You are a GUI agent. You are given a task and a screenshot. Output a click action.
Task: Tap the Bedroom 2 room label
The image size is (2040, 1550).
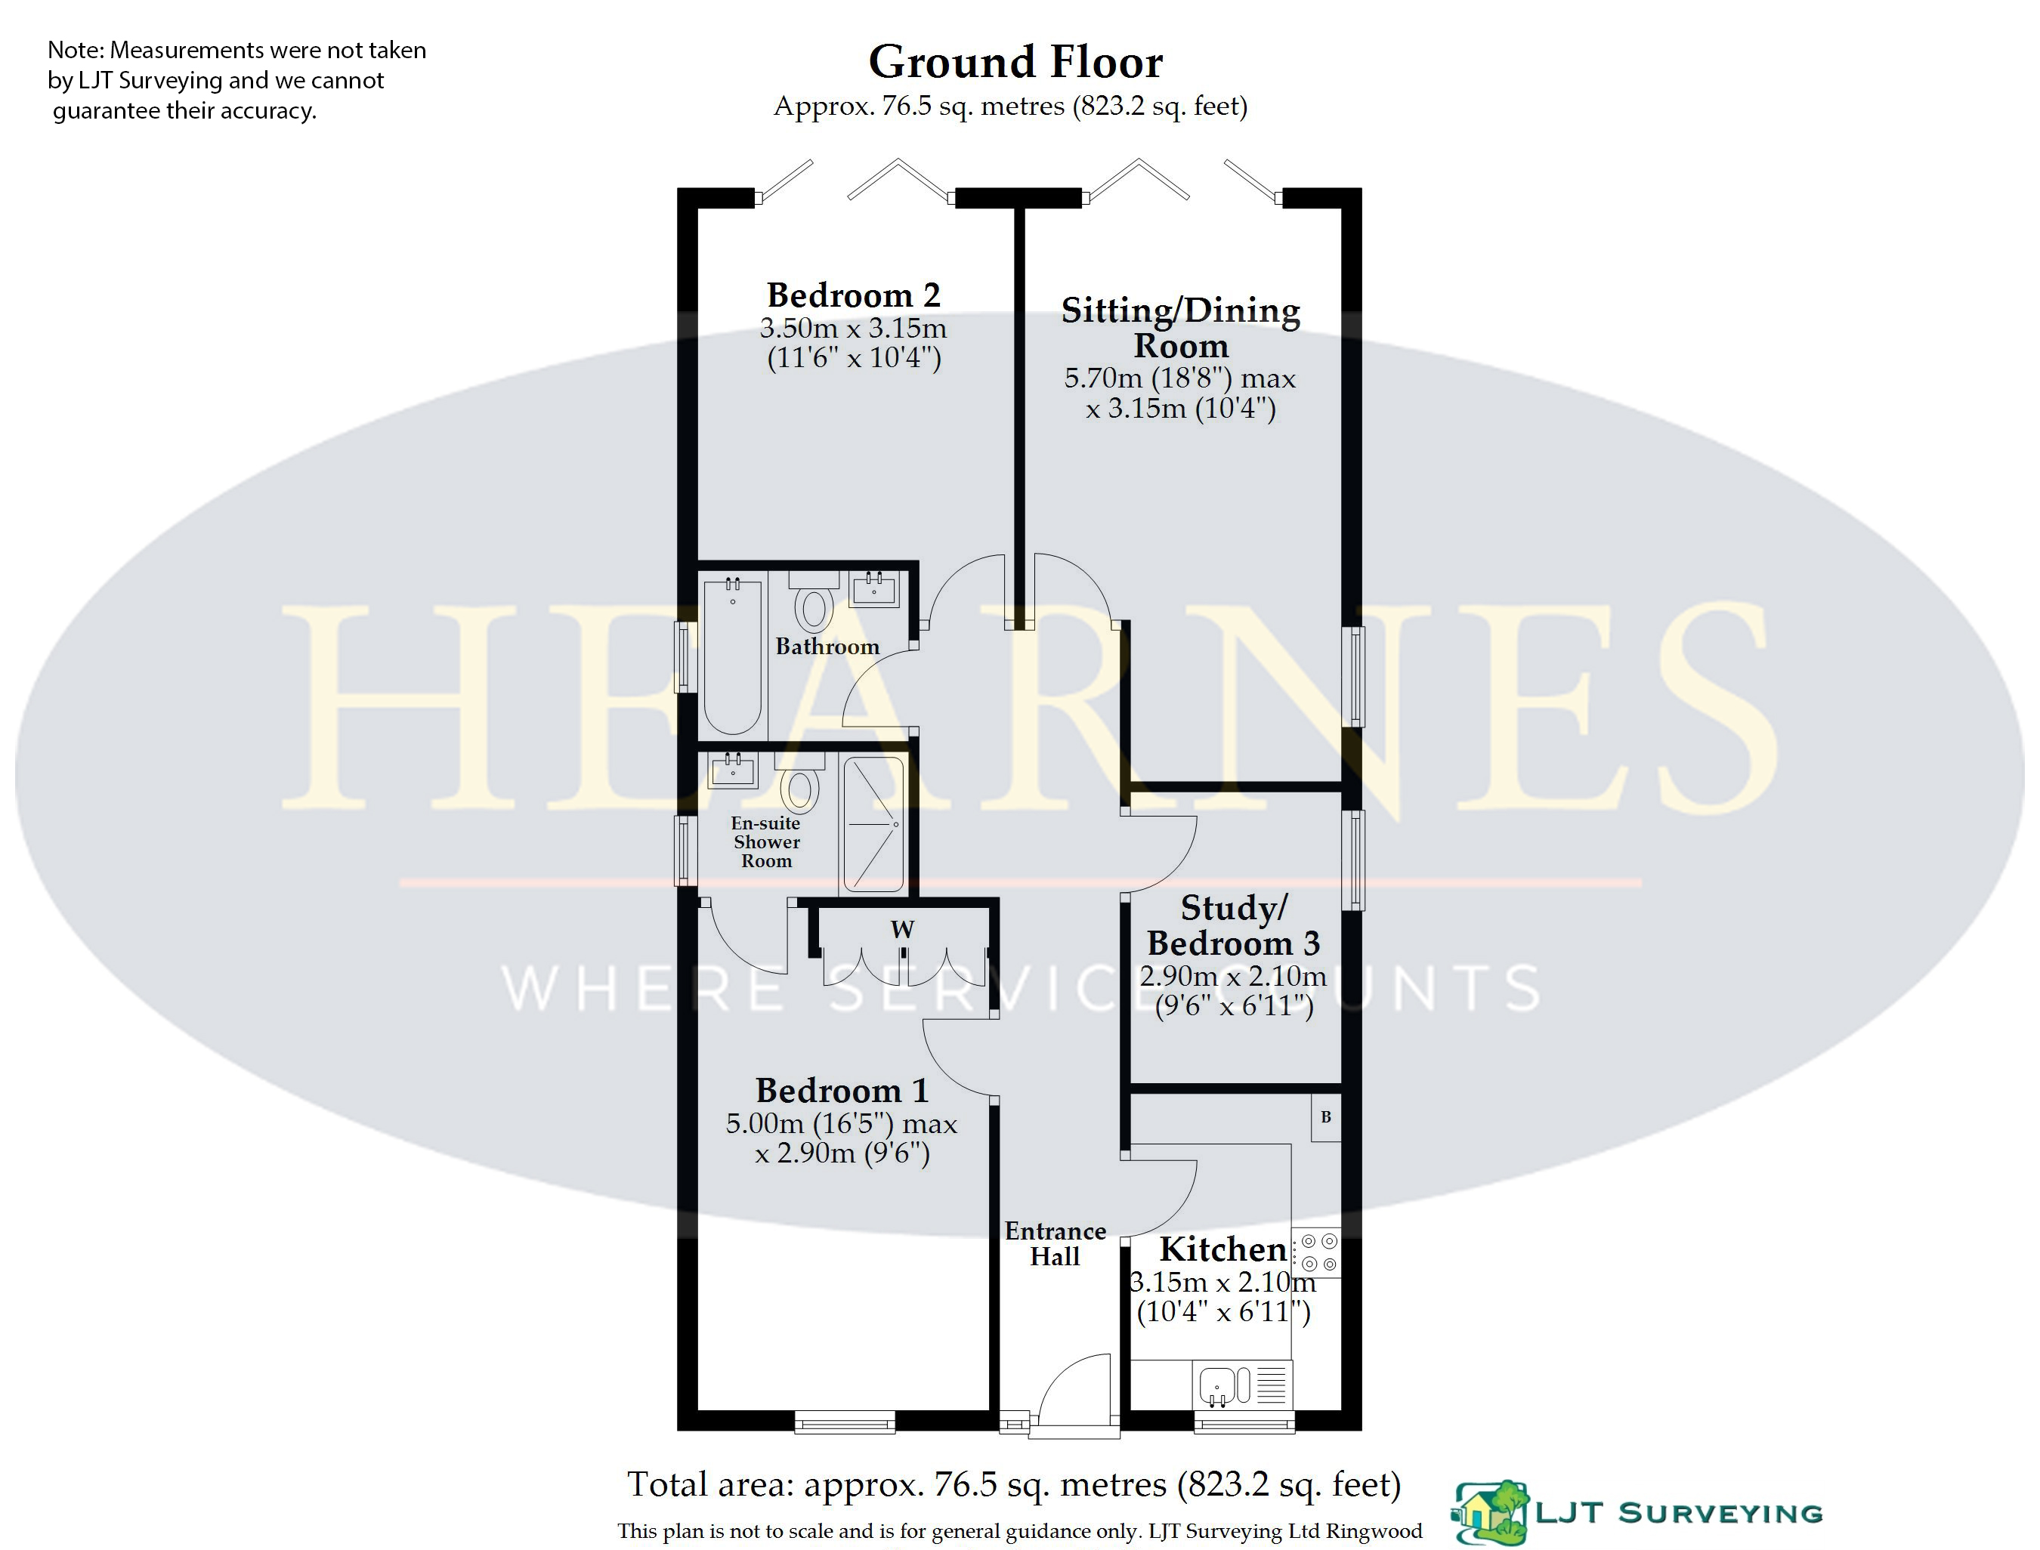coord(854,295)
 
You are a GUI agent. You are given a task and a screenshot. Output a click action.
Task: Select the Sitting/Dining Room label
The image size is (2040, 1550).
coord(1181,328)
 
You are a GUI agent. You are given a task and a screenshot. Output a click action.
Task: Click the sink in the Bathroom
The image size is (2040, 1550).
coord(873,588)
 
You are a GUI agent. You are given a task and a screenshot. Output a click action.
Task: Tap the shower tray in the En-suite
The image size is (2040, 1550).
coord(873,824)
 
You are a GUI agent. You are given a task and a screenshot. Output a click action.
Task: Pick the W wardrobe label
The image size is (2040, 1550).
coord(902,929)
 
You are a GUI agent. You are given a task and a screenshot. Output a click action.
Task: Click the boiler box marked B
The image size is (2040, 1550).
coord(1326,1117)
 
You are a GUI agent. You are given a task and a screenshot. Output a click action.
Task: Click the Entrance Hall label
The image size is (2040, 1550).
coord(1056,1243)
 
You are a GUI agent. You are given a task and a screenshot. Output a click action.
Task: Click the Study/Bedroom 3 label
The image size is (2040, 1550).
coord(1234,925)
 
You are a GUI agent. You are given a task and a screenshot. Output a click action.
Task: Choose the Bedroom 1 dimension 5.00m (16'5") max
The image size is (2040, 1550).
coord(842,1124)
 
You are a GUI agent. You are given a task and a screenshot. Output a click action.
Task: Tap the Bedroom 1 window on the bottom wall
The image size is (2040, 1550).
coord(845,1422)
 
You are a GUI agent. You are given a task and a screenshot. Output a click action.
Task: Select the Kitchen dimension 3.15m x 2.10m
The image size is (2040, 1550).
coord(1223,1283)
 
